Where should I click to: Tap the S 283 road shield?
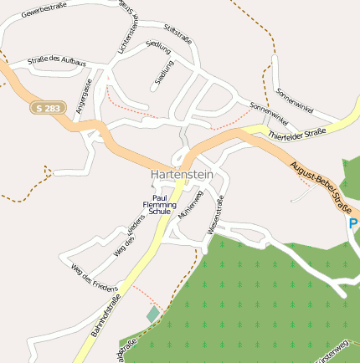tap(47, 108)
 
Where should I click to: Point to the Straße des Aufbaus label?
tap(57, 63)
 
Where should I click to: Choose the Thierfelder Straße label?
tap(296, 134)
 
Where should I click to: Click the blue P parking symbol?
tap(353, 223)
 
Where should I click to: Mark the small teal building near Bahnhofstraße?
tap(152, 314)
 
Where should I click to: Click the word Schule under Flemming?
tap(159, 212)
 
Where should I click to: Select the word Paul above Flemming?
tap(160, 197)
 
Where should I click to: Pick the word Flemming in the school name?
tap(159, 205)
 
